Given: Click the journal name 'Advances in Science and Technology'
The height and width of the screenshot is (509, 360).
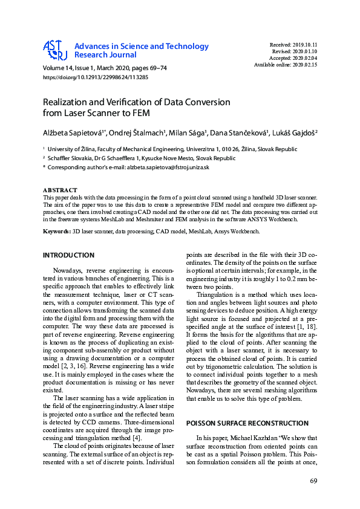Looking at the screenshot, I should point(141,47).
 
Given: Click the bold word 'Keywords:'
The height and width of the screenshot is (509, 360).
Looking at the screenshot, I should point(57,232).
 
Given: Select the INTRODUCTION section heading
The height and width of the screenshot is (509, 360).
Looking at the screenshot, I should point(68,256).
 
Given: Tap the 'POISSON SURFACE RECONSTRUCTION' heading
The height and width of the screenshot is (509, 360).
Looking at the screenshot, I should point(240,423).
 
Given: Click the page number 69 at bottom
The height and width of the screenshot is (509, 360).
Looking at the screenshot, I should point(313,481).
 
